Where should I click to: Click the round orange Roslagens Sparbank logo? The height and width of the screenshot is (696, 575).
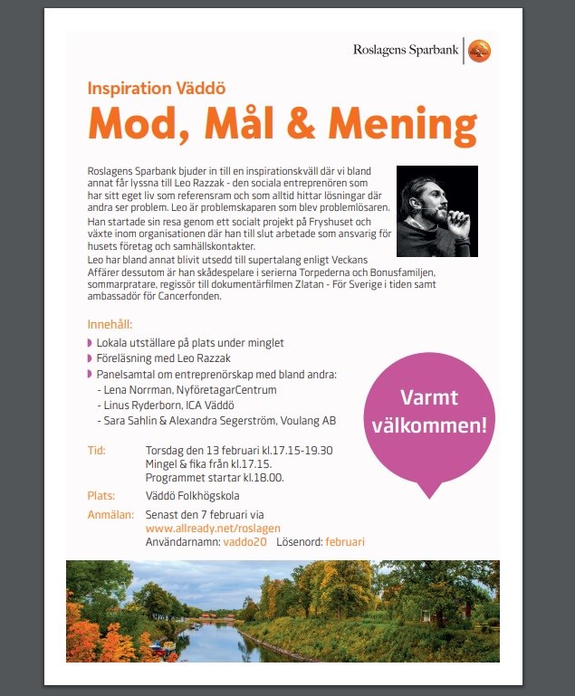[x=479, y=51]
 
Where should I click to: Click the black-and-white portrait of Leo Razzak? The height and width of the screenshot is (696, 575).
[x=437, y=211]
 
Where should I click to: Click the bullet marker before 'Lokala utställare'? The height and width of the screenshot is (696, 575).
[x=90, y=343]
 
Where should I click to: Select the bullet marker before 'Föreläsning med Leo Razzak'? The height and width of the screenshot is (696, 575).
[x=90, y=358]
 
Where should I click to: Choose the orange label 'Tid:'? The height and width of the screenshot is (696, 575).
[x=97, y=450]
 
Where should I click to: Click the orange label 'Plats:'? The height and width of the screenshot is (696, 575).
[x=101, y=496]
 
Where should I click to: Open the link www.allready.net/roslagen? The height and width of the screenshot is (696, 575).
[x=213, y=528]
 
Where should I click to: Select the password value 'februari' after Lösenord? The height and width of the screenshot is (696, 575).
[x=345, y=541]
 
